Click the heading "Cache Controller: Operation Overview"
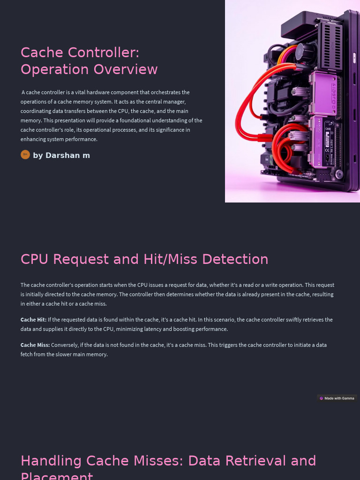point(89,60)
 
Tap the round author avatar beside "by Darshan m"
point(25,155)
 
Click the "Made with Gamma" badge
point(337,398)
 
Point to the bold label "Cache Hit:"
point(33,320)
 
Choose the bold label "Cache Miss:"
point(35,345)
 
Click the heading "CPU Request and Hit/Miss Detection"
point(144,259)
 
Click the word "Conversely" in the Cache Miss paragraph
point(64,345)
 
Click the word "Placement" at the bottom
point(57,476)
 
